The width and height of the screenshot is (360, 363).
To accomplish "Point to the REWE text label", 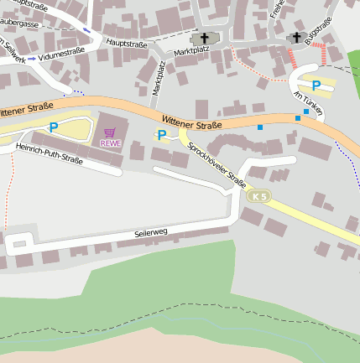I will click(x=110, y=143).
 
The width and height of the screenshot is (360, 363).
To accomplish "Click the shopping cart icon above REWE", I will click(x=110, y=132).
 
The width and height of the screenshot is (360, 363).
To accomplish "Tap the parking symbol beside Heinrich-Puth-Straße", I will click(x=54, y=127).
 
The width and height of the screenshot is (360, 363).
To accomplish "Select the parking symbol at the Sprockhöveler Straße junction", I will click(x=161, y=135).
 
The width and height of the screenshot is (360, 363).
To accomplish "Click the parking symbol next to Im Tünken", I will click(x=316, y=86).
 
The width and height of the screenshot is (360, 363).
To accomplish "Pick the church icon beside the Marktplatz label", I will click(x=203, y=39).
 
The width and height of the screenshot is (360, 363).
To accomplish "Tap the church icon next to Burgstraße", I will click(x=295, y=38).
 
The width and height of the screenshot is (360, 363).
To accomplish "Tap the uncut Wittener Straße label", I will click(x=190, y=123).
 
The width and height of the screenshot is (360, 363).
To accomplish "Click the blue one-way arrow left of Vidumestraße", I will click(x=32, y=59).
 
